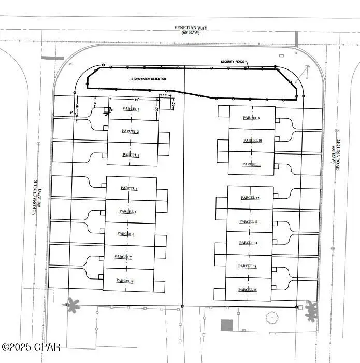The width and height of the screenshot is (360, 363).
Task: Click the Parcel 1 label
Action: point(131,109)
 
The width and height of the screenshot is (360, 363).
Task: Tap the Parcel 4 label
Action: point(129,188)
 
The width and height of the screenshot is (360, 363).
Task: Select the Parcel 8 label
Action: point(125,281)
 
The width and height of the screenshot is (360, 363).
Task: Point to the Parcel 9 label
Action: point(252,118)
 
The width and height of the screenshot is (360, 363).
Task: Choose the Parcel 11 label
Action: point(251,164)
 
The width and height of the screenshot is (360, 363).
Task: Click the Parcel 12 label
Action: point(250,198)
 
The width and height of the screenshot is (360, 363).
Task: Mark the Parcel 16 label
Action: point(248,290)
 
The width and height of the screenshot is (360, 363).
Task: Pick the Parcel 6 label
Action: point(126,234)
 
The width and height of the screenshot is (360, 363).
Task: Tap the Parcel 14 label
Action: point(249,243)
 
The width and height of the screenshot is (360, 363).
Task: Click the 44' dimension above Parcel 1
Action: point(136,99)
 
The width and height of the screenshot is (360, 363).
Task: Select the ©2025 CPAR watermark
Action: point(31,346)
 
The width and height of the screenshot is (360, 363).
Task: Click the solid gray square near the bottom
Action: point(226,326)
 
